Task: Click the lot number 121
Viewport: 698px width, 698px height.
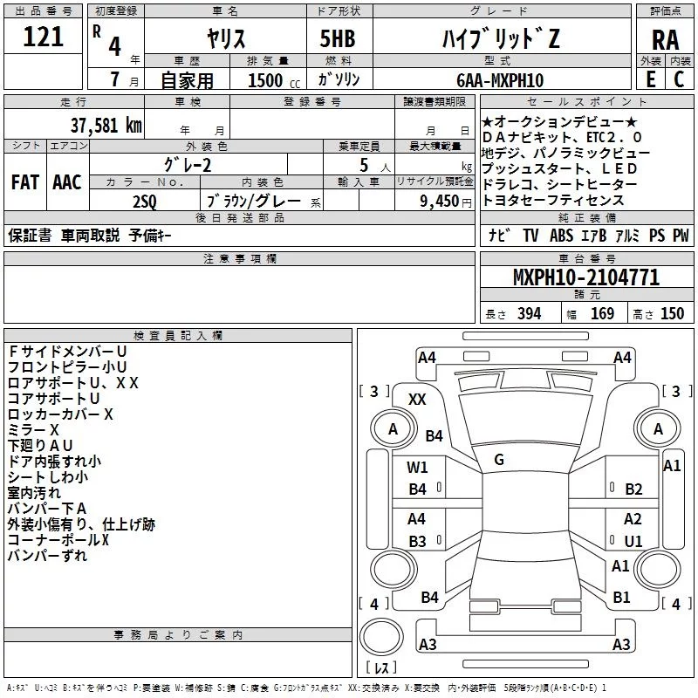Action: click(x=44, y=38)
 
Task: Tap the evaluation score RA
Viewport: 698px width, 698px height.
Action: click(x=665, y=40)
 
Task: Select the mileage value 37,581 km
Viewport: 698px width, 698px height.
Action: click(x=106, y=125)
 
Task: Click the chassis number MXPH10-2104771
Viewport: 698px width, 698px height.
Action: click(x=586, y=278)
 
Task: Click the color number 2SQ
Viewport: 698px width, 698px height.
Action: click(x=144, y=201)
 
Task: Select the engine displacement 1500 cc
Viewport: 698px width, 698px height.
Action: click(x=265, y=80)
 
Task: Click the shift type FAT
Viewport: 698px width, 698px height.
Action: click(x=24, y=182)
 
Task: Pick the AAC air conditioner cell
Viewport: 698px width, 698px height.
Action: click(x=67, y=182)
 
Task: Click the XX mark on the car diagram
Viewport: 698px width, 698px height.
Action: click(x=417, y=399)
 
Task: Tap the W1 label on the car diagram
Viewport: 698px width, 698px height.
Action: click(x=417, y=468)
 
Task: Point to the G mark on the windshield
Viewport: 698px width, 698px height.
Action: click(x=499, y=460)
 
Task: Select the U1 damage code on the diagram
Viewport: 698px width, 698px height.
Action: click(x=633, y=541)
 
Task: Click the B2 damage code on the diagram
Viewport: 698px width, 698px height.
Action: click(x=633, y=489)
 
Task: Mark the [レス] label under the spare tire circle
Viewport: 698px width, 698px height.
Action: click(x=381, y=668)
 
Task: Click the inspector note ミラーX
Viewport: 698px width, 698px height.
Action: click(x=33, y=430)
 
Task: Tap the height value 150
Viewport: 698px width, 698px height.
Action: click(x=672, y=314)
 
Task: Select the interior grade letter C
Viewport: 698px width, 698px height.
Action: click(x=679, y=79)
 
